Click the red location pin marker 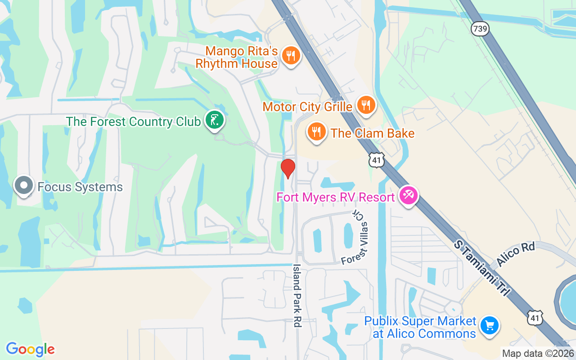[288, 168]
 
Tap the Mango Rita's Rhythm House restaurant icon [291, 56]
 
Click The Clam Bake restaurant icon [317, 132]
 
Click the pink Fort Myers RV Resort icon [409, 196]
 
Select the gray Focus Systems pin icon [23, 185]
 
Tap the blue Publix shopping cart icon [489, 325]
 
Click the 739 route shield [480, 28]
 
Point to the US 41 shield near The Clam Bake [376, 160]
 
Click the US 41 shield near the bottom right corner [535, 317]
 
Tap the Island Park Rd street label [297, 295]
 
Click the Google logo [30, 349]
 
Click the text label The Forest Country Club [133, 121]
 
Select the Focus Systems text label [80, 187]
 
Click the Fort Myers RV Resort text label [336, 197]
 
